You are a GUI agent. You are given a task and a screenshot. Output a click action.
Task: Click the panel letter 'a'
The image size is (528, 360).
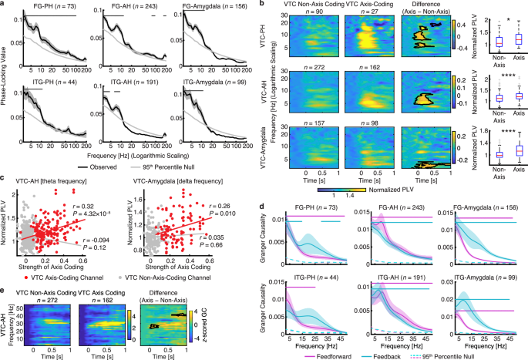click(4, 5)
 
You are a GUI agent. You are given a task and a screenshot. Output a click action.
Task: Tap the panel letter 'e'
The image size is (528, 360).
click(4, 269)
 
